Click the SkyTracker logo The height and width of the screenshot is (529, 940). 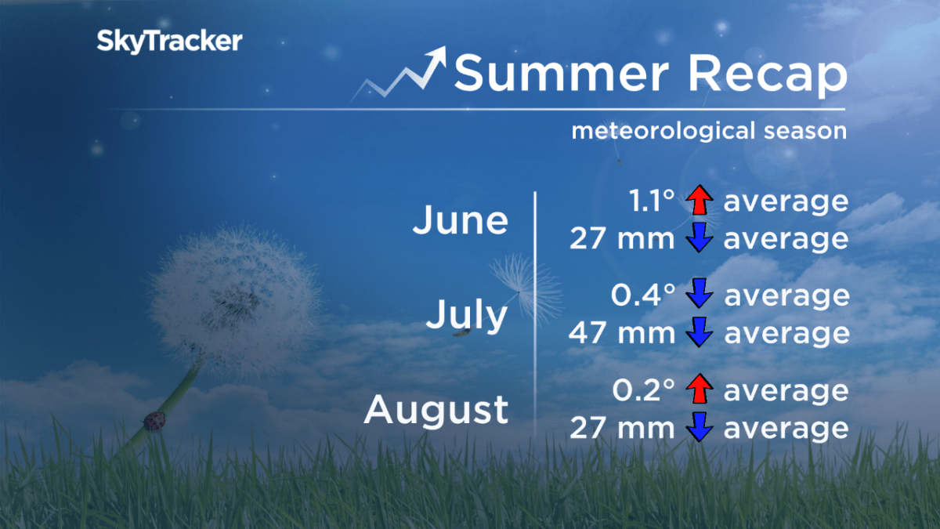pos(169,41)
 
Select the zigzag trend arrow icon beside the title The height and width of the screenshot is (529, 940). pos(404,72)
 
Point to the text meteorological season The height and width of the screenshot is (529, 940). pos(709,130)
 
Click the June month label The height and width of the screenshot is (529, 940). pos(460,220)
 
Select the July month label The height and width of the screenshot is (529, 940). pos(466,315)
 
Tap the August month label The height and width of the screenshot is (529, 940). pos(436,410)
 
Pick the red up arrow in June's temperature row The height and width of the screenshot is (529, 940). pos(699,201)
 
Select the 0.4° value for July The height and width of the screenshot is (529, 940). pos(643,296)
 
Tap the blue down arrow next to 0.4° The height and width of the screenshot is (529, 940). pos(699,296)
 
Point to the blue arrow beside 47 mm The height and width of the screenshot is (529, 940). pos(699,333)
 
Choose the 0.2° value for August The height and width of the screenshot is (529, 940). pos(643,390)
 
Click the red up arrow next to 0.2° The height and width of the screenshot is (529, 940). pos(699,390)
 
